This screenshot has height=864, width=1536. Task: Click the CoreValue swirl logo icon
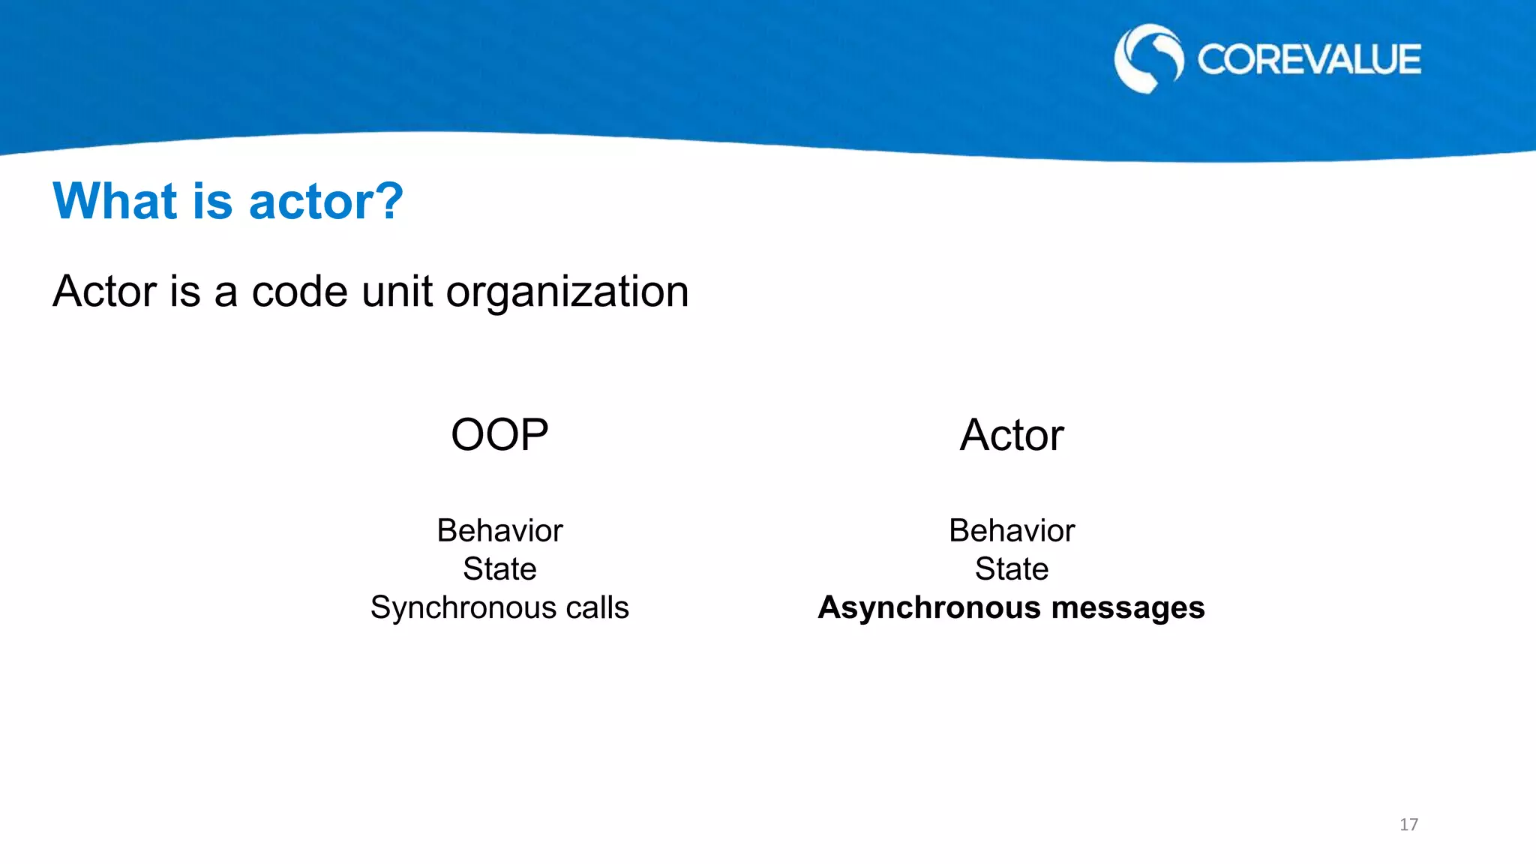pyautogui.click(x=1147, y=58)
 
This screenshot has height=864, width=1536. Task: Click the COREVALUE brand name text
pyautogui.click(x=1308, y=60)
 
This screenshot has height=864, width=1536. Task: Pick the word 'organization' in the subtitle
pyautogui.click(x=567, y=292)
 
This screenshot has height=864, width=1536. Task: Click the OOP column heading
pyautogui.click(x=499, y=435)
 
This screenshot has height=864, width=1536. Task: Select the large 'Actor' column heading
pyautogui.click(x=1012, y=435)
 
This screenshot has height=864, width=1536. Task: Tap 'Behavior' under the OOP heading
pyautogui.click(x=499, y=530)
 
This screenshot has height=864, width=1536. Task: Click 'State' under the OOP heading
pyautogui.click(x=499, y=568)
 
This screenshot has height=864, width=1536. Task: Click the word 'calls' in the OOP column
pyautogui.click(x=597, y=607)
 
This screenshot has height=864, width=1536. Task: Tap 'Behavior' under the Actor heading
pyautogui.click(x=1012, y=530)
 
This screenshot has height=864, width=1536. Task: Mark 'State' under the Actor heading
pyautogui.click(x=1012, y=568)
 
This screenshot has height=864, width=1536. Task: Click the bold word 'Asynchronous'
pyautogui.click(x=929, y=608)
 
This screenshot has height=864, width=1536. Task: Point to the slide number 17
pyautogui.click(x=1408, y=824)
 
